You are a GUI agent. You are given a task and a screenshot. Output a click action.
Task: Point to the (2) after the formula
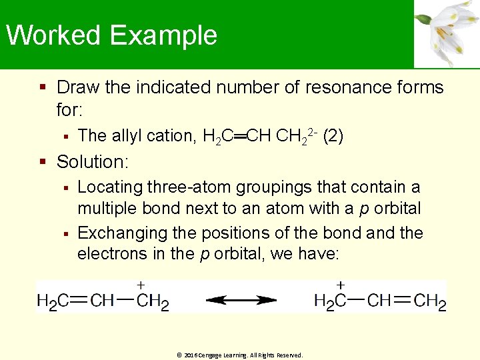(333, 136)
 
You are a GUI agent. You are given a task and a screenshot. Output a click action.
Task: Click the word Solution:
(93, 162)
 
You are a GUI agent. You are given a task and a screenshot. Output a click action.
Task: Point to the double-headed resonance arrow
(241, 301)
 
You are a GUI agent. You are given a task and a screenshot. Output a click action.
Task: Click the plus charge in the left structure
(141, 284)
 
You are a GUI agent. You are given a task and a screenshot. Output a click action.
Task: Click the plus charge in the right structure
(341, 284)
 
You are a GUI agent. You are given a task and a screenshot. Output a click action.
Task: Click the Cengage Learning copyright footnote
(240, 355)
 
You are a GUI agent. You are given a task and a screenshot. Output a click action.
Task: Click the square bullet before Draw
(43, 87)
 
